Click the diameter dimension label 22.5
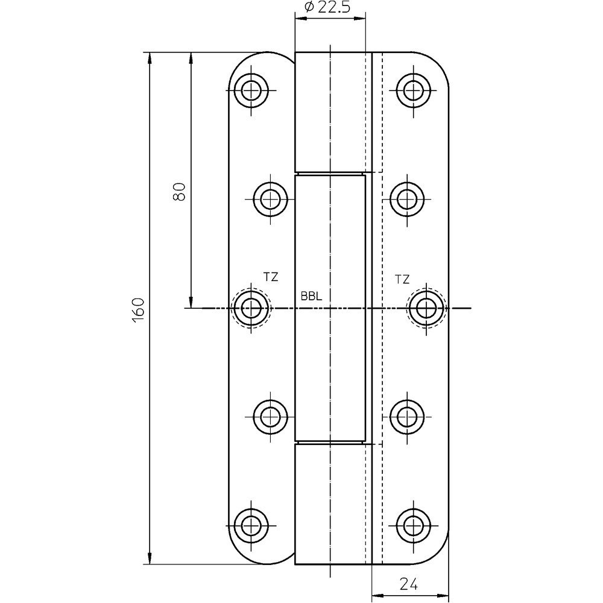(x=334, y=7)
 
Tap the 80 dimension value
(x=180, y=191)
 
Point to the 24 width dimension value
(x=408, y=584)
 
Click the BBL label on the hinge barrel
(x=311, y=297)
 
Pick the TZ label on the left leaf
(x=271, y=277)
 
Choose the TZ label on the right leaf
(x=402, y=280)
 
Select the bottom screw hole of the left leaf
(x=251, y=525)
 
